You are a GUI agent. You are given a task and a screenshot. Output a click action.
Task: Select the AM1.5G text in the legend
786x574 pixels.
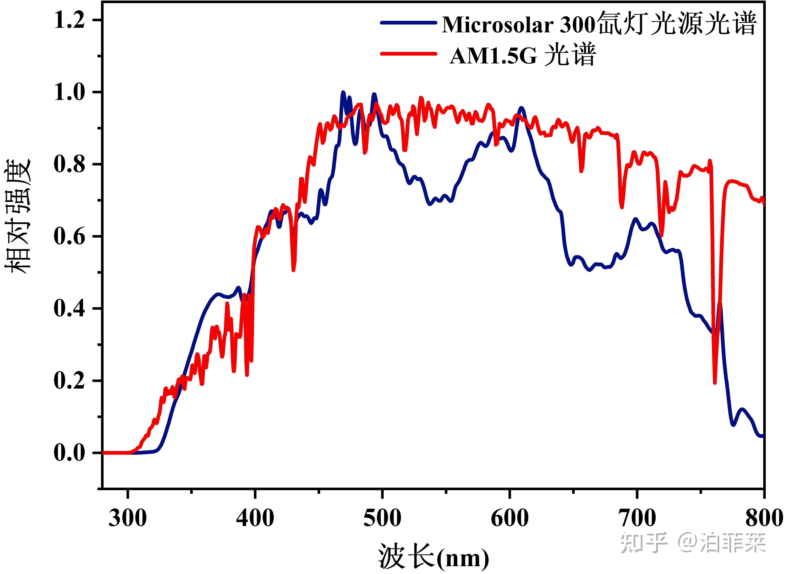493,56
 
